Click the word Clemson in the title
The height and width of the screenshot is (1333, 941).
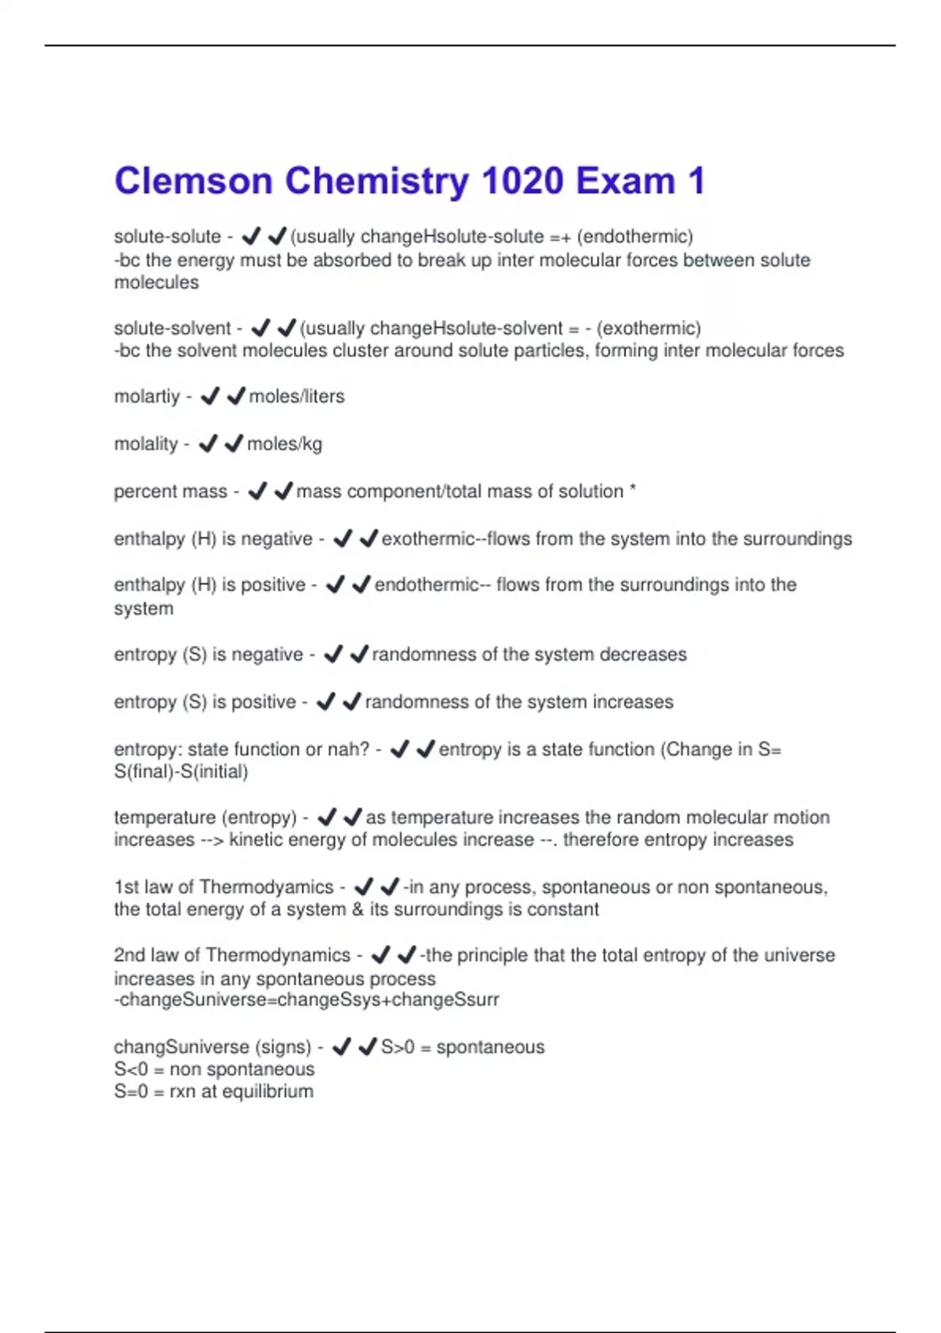point(193,182)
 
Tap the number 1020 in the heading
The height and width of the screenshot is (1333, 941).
point(523,182)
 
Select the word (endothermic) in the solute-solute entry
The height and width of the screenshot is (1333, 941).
point(635,237)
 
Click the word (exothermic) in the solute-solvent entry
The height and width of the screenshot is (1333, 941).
point(649,329)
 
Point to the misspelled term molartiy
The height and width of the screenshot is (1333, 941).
point(147,397)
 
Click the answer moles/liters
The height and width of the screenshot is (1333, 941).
point(296,397)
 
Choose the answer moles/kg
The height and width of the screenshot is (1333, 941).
point(285,445)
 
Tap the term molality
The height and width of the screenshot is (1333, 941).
point(146,445)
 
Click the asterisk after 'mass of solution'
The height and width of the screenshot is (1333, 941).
point(633,489)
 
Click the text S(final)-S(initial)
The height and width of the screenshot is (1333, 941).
point(181,772)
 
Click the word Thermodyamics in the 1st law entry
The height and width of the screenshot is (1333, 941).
point(267,888)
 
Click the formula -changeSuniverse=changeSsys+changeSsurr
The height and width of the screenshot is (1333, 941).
point(307,1001)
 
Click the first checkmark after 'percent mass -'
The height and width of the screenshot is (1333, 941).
point(257,492)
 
